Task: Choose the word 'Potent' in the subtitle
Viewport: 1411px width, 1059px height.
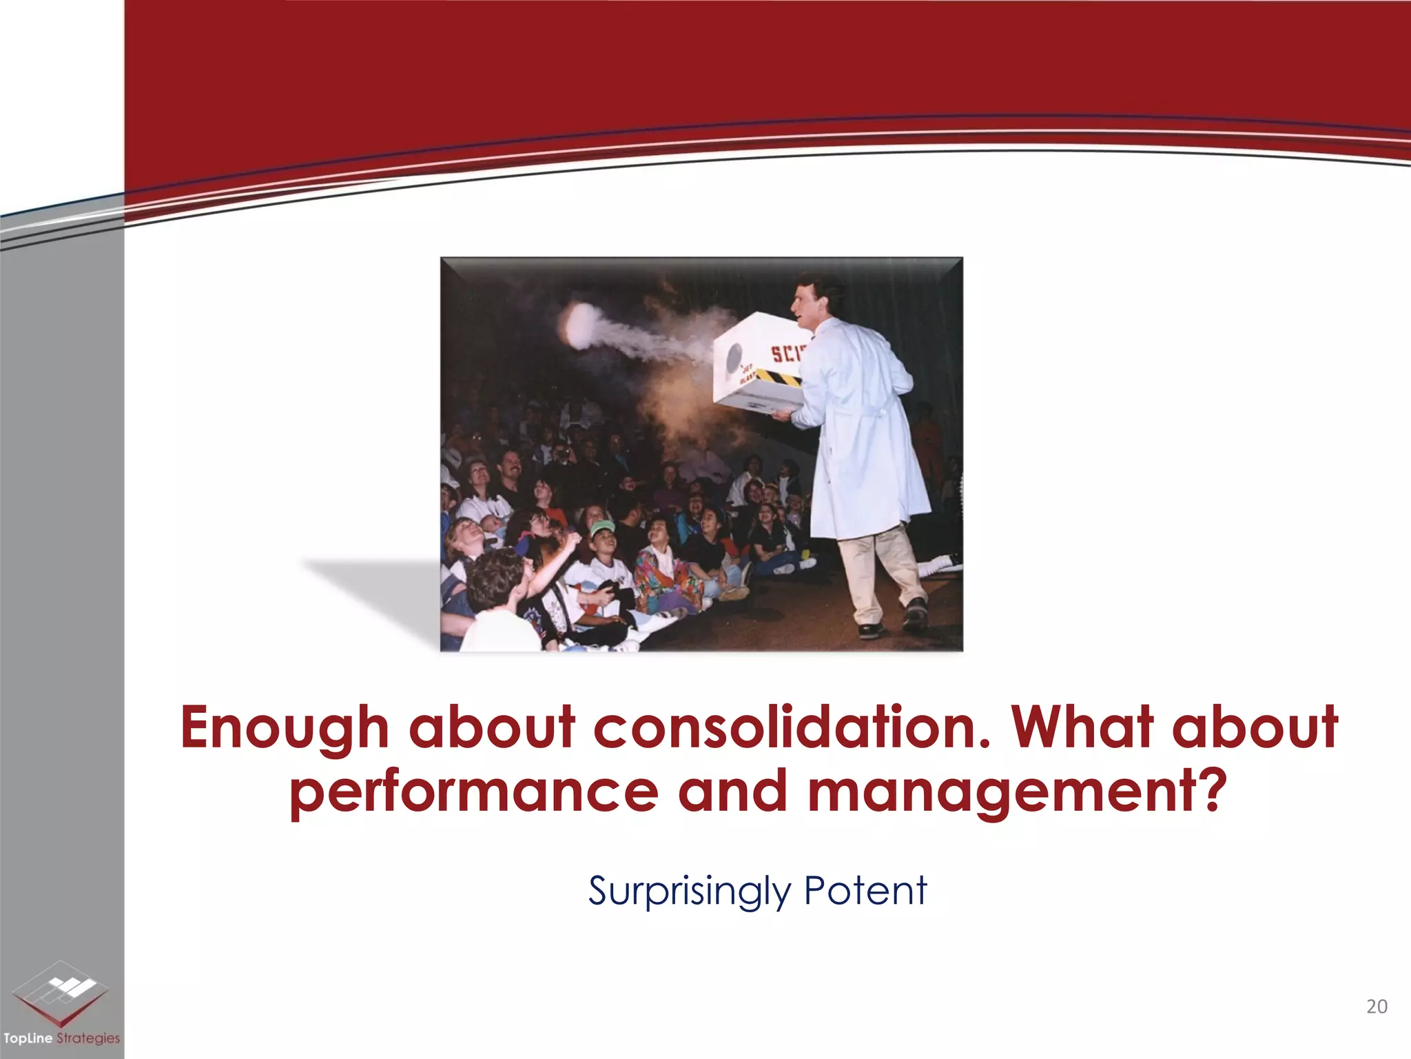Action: pos(865,890)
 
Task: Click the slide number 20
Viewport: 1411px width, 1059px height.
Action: pos(1376,1007)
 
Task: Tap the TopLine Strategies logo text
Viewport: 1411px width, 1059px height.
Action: pos(61,1038)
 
